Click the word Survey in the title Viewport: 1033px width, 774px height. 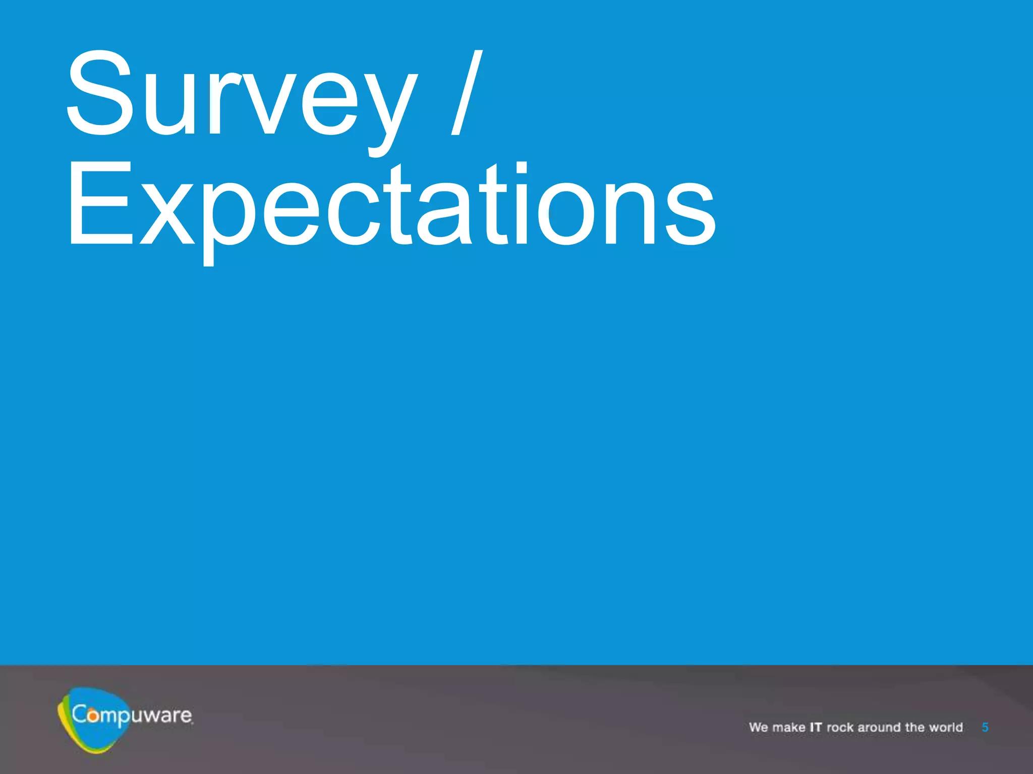(x=241, y=96)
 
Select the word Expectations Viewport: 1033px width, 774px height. (x=391, y=207)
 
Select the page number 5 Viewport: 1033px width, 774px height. (x=985, y=727)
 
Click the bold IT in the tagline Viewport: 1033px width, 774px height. (x=816, y=727)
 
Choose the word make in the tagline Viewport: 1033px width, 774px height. (x=789, y=727)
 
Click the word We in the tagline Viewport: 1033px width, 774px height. (x=758, y=727)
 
